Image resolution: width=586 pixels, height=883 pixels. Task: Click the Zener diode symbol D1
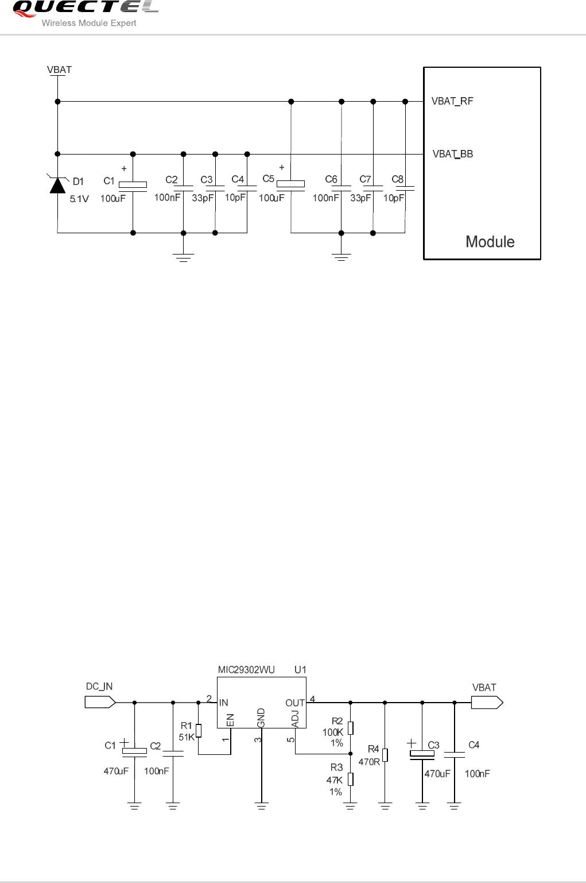57,185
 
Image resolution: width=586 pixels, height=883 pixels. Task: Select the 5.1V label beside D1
79,199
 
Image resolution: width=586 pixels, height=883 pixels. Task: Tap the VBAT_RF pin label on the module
452,102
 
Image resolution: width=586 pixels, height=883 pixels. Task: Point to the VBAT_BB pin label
452,154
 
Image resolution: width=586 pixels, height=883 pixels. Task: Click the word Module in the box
490,242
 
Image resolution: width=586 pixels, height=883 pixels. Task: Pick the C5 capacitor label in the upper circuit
268,179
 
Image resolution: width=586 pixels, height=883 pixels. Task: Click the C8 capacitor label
397,179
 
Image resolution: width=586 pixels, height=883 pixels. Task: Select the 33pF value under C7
360,198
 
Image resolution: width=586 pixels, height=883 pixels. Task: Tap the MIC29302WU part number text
246,670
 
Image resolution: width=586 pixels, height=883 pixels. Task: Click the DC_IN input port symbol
100,702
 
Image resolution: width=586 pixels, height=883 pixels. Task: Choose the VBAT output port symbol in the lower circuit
487,702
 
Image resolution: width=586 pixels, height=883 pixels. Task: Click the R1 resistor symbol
199,730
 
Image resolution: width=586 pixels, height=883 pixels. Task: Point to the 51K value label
187,737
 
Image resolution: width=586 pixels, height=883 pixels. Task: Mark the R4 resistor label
373,749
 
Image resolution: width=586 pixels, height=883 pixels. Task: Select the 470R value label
369,762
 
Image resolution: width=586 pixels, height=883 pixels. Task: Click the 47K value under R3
334,780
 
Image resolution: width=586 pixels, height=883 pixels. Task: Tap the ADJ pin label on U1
295,719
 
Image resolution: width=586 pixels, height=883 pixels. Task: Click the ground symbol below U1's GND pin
261,807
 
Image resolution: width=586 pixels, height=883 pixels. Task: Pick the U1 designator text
300,670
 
